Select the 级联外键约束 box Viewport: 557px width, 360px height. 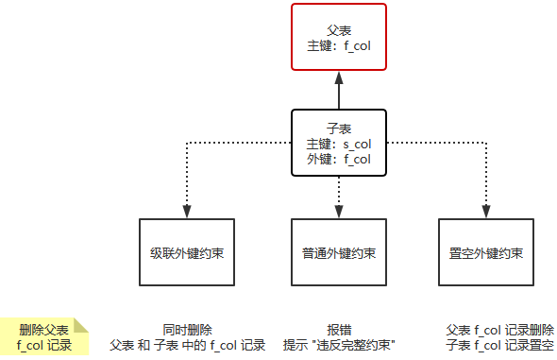click(x=187, y=253)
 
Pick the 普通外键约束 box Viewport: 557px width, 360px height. click(x=338, y=253)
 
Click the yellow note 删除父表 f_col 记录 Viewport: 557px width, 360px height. click(x=43, y=337)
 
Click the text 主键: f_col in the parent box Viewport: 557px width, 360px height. click(x=338, y=44)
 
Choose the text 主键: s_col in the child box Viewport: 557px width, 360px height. click(x=338, y=145)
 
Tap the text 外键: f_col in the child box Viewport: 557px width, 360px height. click(x=338, y=160)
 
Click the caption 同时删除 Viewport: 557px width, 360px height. click(x=187, y=330)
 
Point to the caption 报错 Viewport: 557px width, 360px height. click(x=339, y=330)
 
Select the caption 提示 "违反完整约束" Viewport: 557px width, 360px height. click(x=339, y=345)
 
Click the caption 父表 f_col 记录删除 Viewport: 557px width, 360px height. click(x=499, y=330)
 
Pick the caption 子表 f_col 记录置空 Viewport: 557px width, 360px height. click(x=499, y=345)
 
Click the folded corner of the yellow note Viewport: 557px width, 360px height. click(x=81, y=325)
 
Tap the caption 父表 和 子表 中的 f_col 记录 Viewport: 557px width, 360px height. click(x=187, y=345)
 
